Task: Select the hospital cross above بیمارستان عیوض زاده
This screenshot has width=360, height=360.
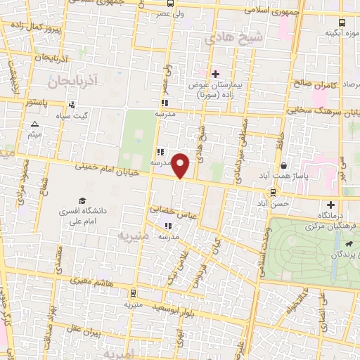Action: (x=215, y=73)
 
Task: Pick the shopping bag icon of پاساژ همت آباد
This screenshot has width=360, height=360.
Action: (x=282, y=166)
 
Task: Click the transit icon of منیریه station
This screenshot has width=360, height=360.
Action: (x=134, y=293)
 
